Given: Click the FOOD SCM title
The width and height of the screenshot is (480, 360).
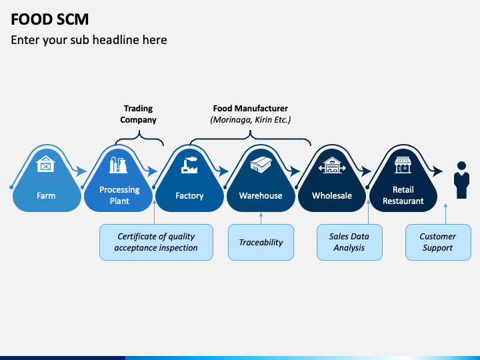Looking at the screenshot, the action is [49, 19].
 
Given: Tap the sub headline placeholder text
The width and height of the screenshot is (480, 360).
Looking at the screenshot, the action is [89, 40].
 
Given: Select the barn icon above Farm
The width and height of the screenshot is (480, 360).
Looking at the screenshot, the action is [45, 164].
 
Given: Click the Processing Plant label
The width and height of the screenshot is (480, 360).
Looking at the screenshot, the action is [119, 195].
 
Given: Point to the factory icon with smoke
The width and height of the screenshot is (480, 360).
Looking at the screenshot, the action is [189, 165].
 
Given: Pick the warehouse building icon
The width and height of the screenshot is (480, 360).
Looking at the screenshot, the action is [261, 165].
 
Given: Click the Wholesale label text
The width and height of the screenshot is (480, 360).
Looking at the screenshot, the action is [332, 195].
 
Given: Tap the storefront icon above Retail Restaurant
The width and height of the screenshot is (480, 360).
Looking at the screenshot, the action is [403, 165].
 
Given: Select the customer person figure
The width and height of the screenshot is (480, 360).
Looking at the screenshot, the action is [461, 180].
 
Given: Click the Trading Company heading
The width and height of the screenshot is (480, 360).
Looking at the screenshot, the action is [138, 114].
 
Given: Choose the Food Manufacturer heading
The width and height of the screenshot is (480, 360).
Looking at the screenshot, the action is [251, 109].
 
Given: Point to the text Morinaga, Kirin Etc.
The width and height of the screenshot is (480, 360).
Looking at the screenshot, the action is [251, 120].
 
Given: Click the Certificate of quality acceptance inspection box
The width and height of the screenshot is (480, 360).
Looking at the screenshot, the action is [156, 242].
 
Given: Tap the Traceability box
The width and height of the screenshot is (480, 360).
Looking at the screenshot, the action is [261, 242].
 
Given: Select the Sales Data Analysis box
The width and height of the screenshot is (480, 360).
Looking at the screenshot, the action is [349, 242].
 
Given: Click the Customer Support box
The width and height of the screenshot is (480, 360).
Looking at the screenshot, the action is [438, 242].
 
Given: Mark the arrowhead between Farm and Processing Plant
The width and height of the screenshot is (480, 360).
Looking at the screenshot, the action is [81, 171].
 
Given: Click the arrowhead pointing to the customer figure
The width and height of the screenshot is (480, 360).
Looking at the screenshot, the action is [437, 171].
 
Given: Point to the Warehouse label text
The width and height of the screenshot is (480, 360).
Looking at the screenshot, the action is [261, 195].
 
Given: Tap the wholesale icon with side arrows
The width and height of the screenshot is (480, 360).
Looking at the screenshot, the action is [332, 165].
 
